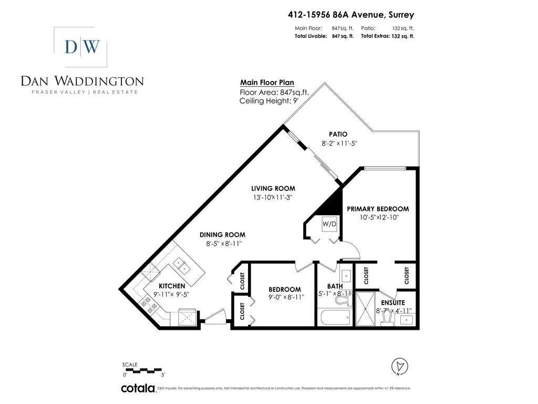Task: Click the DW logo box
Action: click(81, 47)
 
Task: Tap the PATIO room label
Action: click(338, 134)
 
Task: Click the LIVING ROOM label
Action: click(273, 188)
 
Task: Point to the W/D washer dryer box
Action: click(329, 224)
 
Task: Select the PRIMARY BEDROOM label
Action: click(377, 209)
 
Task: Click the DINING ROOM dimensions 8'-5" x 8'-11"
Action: click(222, 244)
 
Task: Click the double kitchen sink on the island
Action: click(182, 266)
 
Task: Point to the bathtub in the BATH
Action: click(334, 317)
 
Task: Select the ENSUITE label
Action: click(392, 302)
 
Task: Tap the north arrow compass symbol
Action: click(400, 366)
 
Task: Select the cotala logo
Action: click(138, 389)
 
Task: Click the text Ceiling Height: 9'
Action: click(269, 100)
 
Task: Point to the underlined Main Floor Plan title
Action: click(267, 83)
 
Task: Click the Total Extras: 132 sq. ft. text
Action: click(387, 36)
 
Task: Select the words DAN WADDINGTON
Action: click(82, 81)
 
